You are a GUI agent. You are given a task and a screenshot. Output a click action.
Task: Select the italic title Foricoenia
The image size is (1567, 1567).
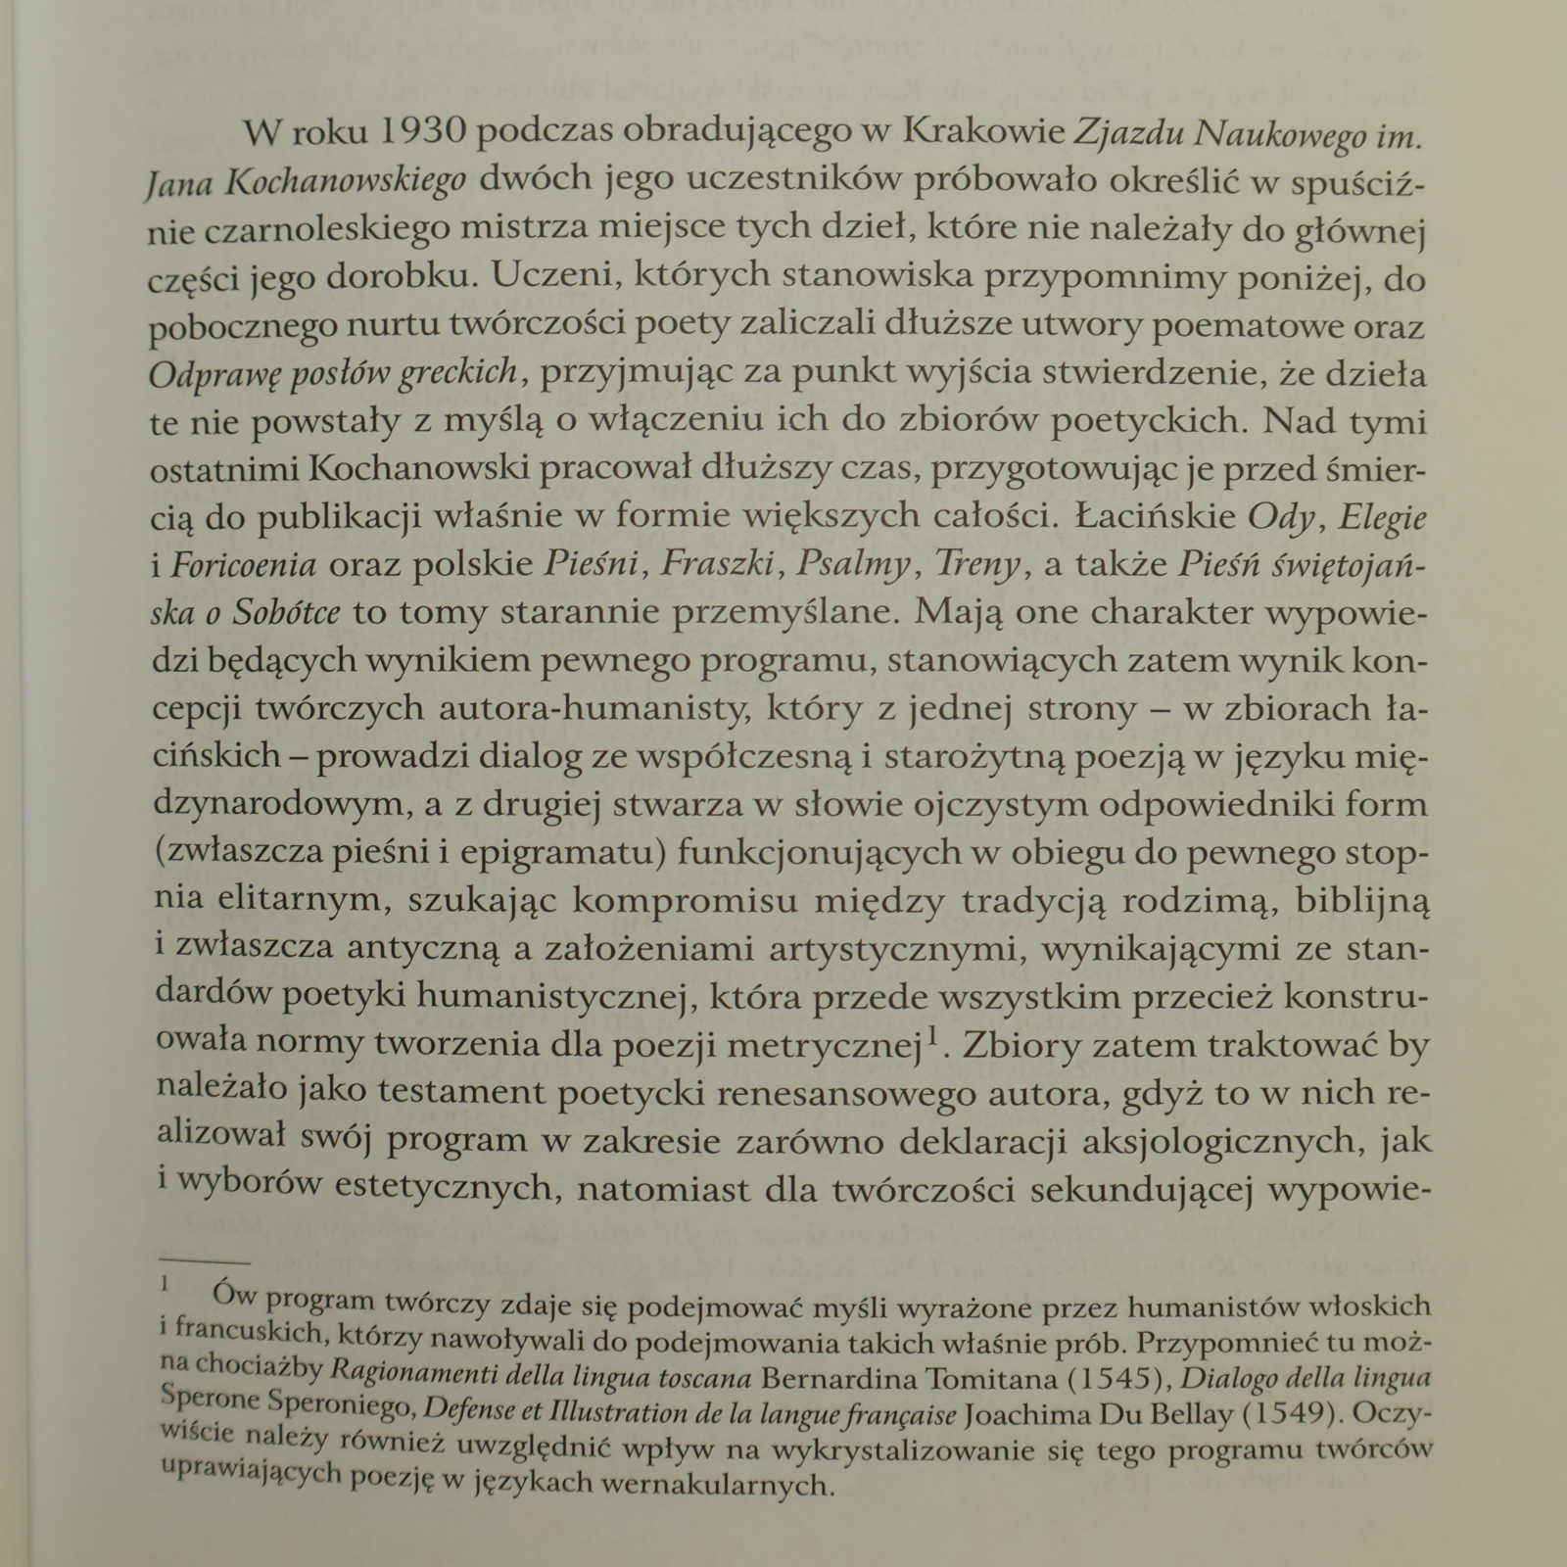click(244, 564)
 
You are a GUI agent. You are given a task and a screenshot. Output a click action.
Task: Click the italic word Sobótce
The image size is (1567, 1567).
click(286, 612)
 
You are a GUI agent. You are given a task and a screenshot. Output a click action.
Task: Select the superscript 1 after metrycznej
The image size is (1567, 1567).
click(934, 1034)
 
